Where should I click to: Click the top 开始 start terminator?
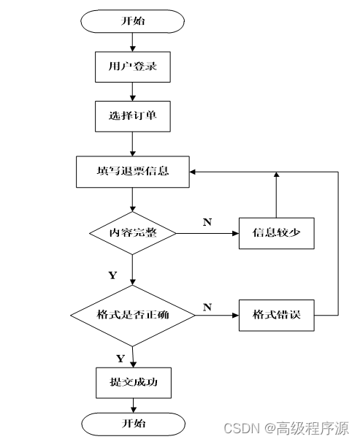132,21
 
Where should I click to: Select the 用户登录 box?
133,66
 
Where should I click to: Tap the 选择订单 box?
133,116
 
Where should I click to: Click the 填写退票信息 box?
133,172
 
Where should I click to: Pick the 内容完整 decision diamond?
133,233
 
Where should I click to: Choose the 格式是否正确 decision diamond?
133,315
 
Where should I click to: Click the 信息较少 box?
277,233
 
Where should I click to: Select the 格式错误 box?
277,315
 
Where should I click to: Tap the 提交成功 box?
134,383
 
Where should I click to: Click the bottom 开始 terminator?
134,424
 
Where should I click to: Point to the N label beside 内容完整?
207,222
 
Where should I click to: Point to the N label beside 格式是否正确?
207,307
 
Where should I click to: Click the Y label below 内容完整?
112,275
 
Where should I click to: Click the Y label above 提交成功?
120,359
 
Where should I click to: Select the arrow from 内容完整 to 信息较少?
207,233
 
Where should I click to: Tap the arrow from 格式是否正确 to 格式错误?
217,315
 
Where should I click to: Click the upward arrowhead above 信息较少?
277,175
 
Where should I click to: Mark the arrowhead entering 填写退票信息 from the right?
193,172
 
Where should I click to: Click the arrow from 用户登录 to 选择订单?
133,91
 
